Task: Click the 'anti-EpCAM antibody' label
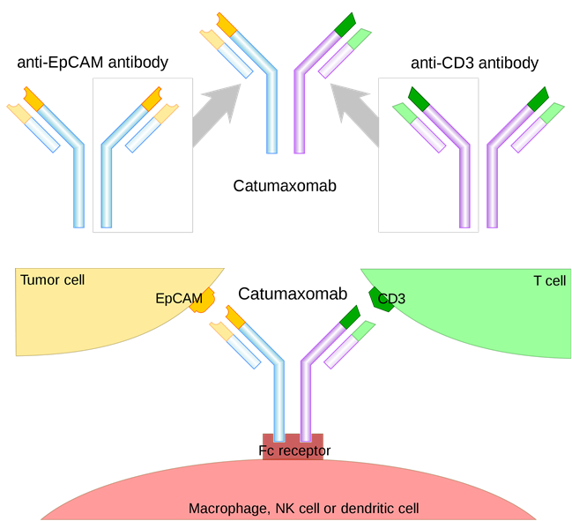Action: pos(93,63)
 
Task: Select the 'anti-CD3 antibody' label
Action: pos(474,63)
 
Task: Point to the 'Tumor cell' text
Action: pos(52,280)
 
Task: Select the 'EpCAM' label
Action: pos(179,299)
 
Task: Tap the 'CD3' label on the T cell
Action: pos(391,300)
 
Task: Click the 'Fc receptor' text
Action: pos(294,451)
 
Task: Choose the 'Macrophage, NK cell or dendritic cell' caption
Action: pos(303,509)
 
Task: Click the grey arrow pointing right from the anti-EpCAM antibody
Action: pos(217,111)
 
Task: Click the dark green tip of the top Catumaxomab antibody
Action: pos(345,24)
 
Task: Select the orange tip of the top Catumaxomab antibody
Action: pos(227,24)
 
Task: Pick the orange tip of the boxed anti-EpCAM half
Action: pos(152,96)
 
